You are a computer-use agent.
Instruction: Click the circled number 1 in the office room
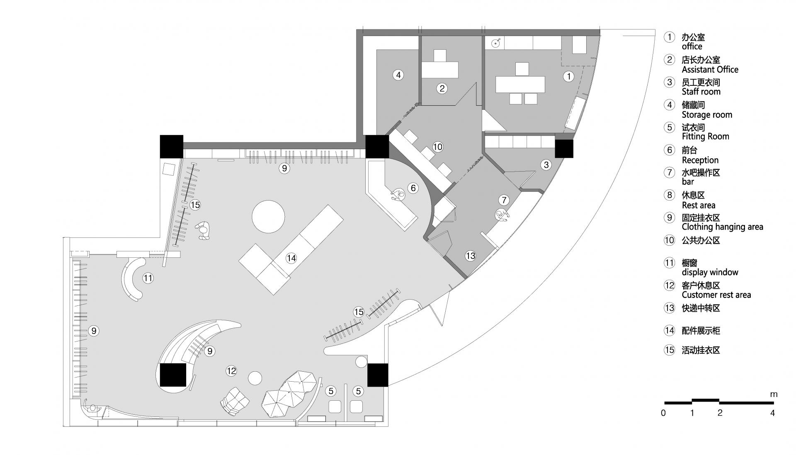[569, 76]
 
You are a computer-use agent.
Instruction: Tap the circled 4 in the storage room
[398, 75]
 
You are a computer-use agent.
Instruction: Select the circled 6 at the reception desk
[413, 188]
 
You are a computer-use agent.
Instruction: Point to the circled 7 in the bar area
[504, 200]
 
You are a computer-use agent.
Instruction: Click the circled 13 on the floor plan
[470, 256]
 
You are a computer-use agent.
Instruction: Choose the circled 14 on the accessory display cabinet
[291, 258]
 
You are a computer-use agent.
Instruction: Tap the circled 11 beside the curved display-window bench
[148, 278]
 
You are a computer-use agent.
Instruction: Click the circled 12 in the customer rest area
[231, 371]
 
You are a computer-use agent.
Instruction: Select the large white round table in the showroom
[269, 217]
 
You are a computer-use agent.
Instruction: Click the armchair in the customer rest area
[234, 401]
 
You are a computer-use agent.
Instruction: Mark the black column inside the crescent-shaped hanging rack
[173, 375]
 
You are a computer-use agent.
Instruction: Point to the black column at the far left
[171, 146]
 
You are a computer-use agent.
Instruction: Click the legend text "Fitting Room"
[705, 137]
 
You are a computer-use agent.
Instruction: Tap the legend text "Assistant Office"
[710, 70]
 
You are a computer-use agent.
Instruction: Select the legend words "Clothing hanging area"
[722, 227]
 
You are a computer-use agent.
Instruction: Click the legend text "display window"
[710, 272]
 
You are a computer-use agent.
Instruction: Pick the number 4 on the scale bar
[772, 413]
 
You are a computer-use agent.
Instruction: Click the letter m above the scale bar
[774, 394]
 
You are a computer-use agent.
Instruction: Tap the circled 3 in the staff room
[546, 165]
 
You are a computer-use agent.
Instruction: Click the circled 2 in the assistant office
[442, 88]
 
